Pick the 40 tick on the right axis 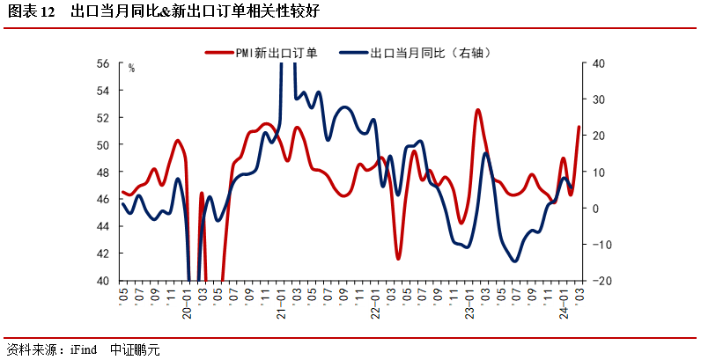click(x=598, y=63)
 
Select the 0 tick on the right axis click(x=596, y=209)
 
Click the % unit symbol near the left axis click(x=131, y=68)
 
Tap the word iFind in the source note click(x=83, y=349)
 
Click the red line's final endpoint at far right click(x=579, y=127)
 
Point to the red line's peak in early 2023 click(x=477, y=110)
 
